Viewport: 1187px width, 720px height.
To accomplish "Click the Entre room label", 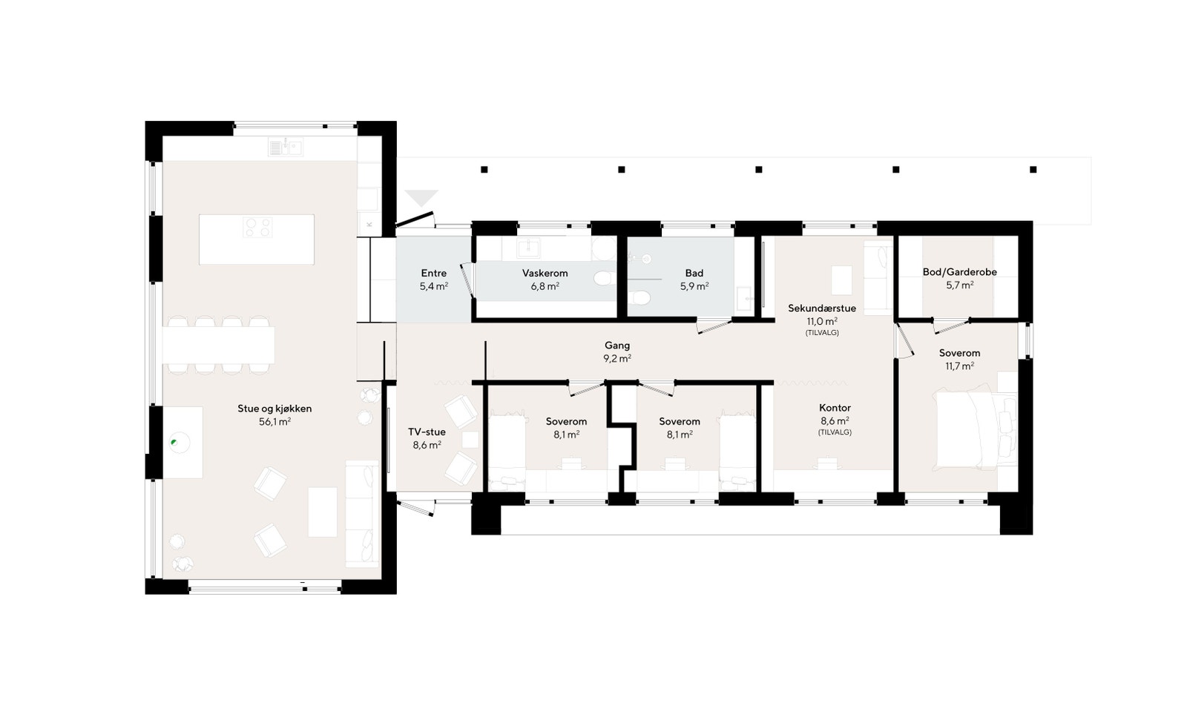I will [x=434, y=274].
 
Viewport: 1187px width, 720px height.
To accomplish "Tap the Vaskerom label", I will [x=545, y=274].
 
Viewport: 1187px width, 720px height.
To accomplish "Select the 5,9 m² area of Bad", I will [x=694, y=286].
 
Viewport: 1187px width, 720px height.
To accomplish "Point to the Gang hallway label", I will [x=617, y=346].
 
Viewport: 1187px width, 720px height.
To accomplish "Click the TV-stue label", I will [x=427, y=432].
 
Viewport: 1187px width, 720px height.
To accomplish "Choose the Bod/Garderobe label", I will [x=959, y=272].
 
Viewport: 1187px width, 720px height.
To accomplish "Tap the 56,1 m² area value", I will [x=274, y=422].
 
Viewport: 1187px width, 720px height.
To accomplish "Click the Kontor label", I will [x=835, y=408].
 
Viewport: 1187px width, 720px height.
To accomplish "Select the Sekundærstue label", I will [x=822, y=308].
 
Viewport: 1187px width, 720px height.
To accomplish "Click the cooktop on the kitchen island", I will [x=257, y=227].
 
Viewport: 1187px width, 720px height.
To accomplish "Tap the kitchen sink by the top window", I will [x=286, y=148].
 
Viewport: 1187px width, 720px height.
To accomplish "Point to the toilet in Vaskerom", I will [x=603, y=278].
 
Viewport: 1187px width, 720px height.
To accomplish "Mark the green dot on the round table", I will [x=174, y=443].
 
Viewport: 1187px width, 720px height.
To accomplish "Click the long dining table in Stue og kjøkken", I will [x=218, y=345].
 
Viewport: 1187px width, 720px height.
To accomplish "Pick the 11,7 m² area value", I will [x=959, y=366].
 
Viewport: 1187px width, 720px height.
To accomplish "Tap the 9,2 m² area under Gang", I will [x=617, y=358].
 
